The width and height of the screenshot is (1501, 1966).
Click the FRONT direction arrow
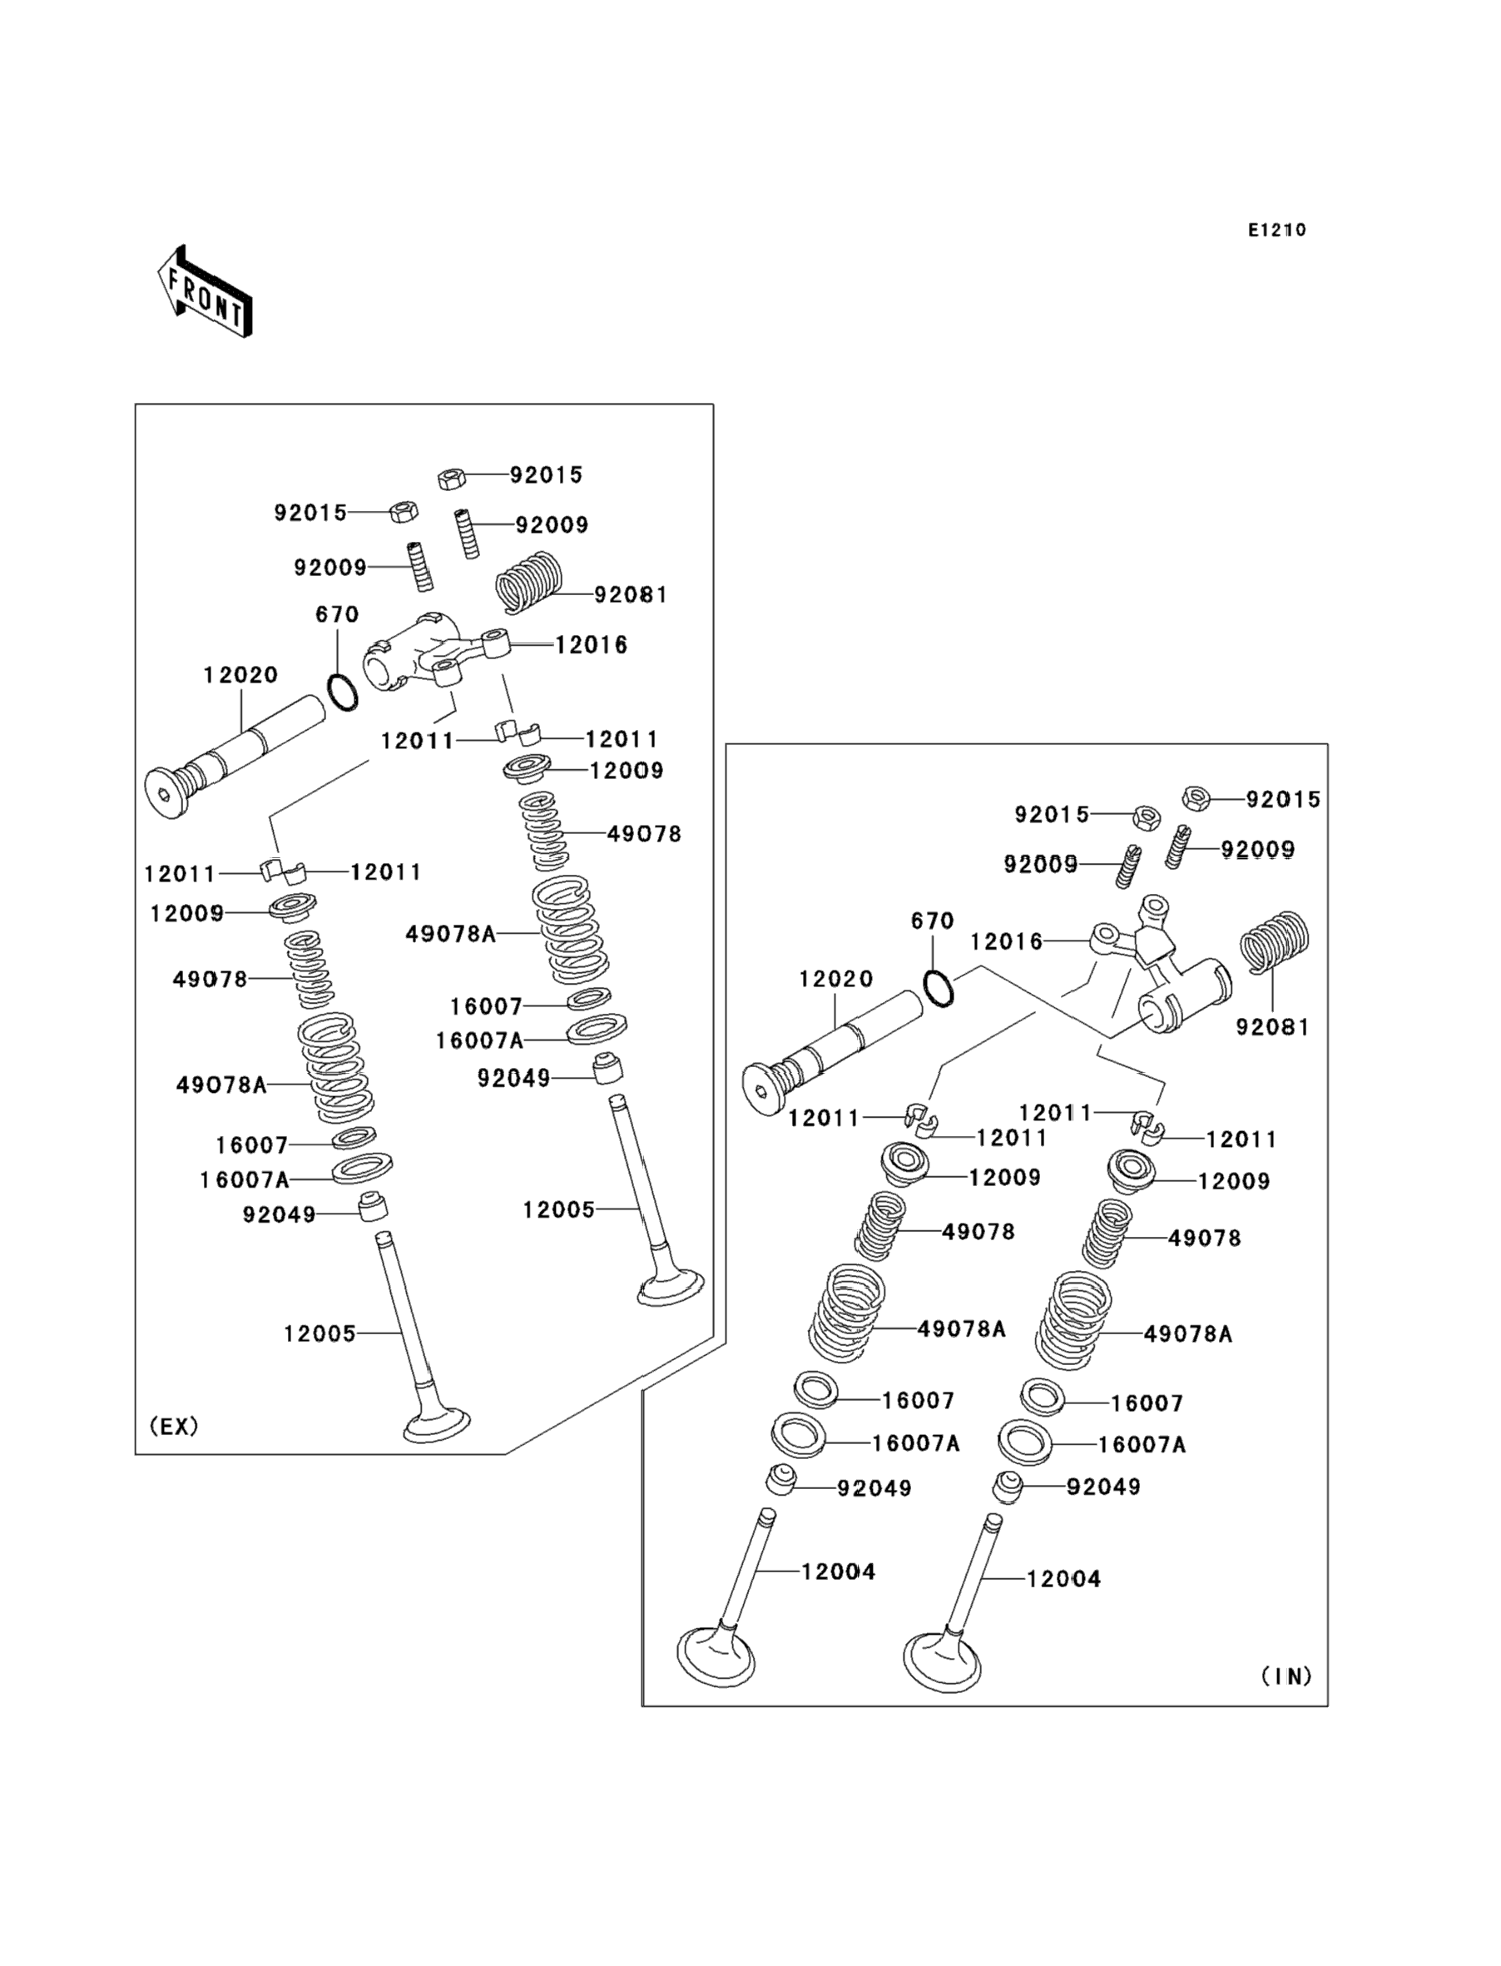[205, 292]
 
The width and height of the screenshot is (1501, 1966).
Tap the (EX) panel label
[173, 1427]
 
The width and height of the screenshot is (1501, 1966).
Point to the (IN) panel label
[1286, 1676]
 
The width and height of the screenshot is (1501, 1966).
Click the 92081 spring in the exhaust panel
[531, 581]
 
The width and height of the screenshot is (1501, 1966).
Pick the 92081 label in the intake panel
[1272, 1028]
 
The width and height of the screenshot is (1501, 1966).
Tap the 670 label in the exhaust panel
[337, 615]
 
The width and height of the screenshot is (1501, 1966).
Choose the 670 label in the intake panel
[933, 921]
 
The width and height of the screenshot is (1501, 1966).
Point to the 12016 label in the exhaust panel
[592, 644]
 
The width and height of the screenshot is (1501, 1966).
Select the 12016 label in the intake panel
[1007, 942]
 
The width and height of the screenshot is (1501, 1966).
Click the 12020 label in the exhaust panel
[240, 676]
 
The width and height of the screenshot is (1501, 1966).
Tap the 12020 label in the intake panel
[836, 980]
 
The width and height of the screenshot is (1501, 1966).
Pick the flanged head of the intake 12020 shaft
[764, 1090]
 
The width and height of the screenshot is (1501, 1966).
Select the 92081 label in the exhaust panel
[631, 595]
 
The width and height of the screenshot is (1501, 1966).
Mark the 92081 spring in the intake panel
[1276, 941]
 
